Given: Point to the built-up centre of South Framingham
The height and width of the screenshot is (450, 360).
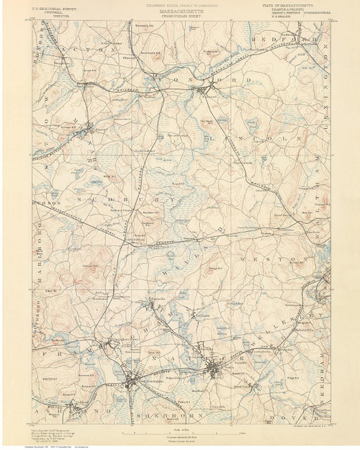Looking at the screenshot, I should coord(133,380).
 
